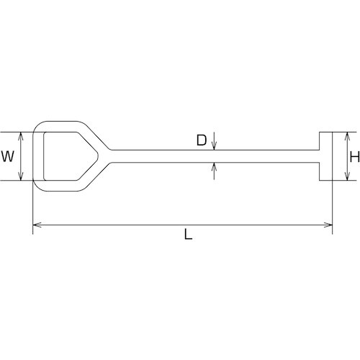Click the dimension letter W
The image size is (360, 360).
(8, 156)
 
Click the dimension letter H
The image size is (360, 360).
(354, 156)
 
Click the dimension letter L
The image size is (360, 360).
(188, 235)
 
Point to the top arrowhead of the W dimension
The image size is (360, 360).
(23, 135)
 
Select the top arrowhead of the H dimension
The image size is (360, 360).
(348, 135)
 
